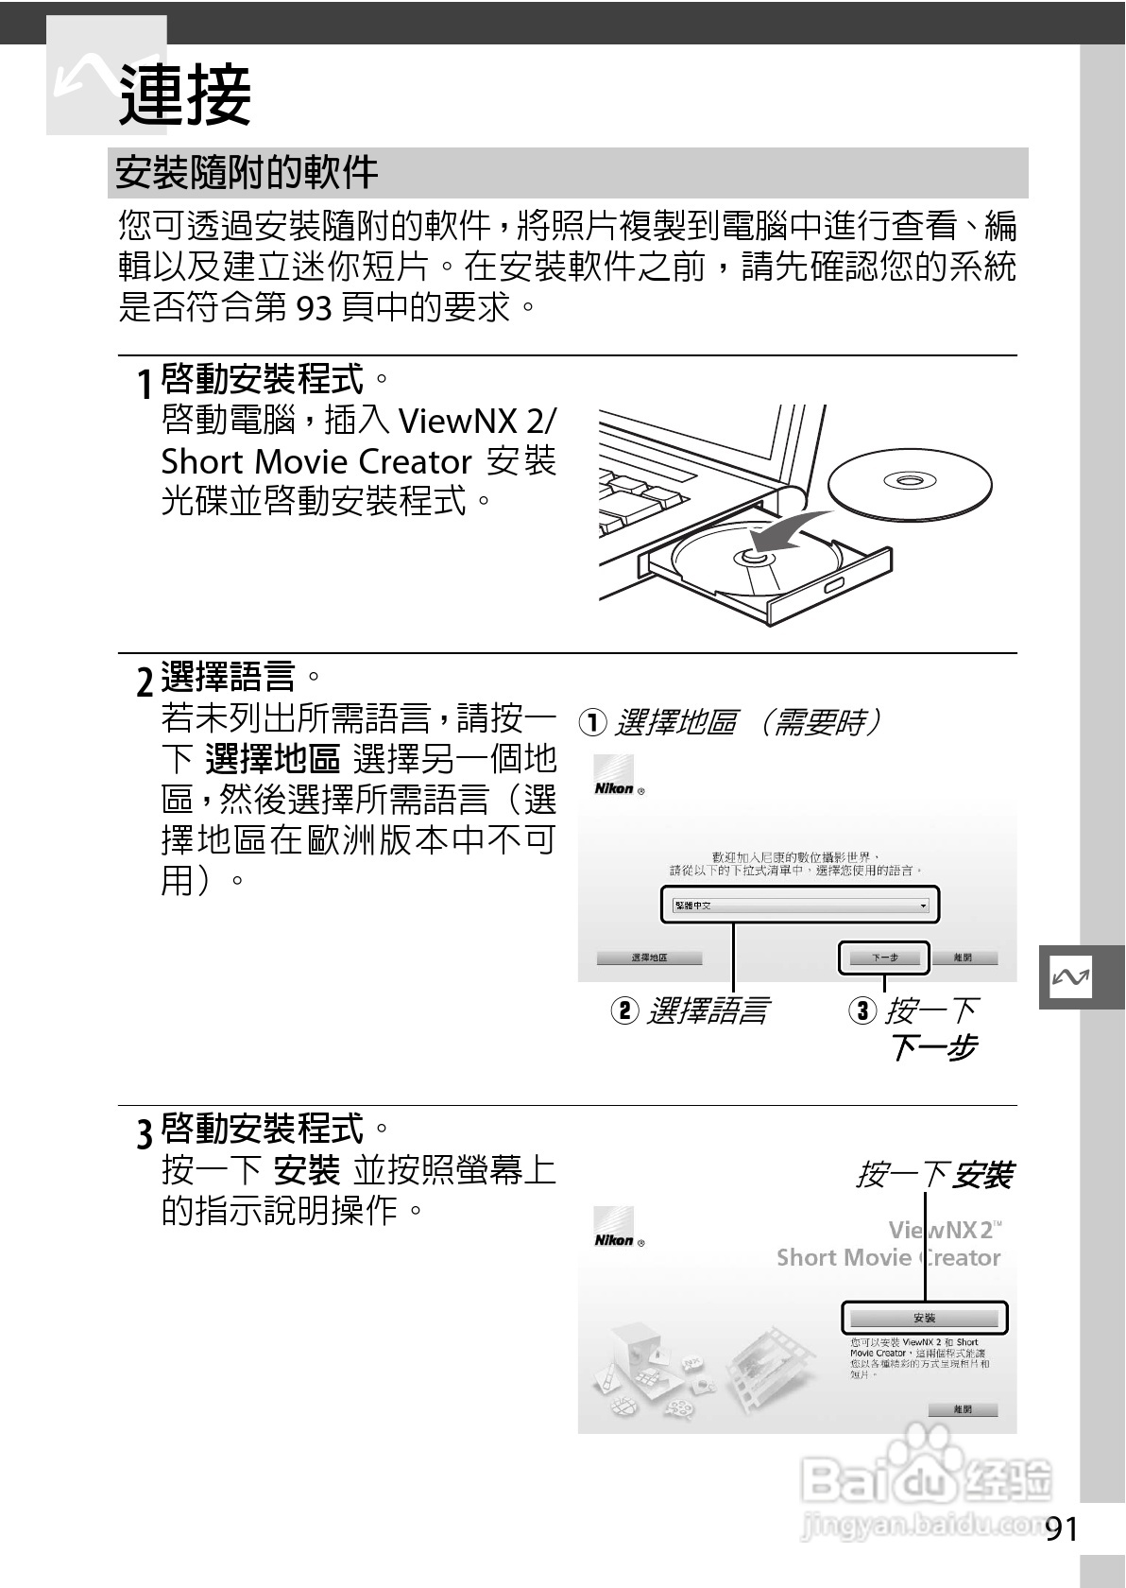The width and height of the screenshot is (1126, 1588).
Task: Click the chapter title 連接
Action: click(x=185, y=95)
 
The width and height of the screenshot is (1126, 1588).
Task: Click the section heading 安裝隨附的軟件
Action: click(x=247, y=173)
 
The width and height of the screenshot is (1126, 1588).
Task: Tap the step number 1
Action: click(x=144, y=385)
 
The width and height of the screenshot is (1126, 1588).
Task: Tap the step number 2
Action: click(x=144, y=682)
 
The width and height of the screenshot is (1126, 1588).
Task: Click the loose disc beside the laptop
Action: click(x=910, y=483)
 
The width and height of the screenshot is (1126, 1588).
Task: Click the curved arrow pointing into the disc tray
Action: click(x=789, y=531)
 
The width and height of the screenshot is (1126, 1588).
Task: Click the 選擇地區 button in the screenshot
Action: click(x=649, y=958)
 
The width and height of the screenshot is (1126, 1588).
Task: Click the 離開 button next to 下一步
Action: click(x=963, y=958)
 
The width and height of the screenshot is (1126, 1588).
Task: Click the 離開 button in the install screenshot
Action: click(x=963, y=1409)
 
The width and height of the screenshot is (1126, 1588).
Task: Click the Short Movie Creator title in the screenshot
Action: click(x=887, y=1257)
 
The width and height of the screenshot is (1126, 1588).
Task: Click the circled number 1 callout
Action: click(x=591, y=723)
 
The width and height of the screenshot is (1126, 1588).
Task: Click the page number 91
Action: click(x=1062, y=1528)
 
